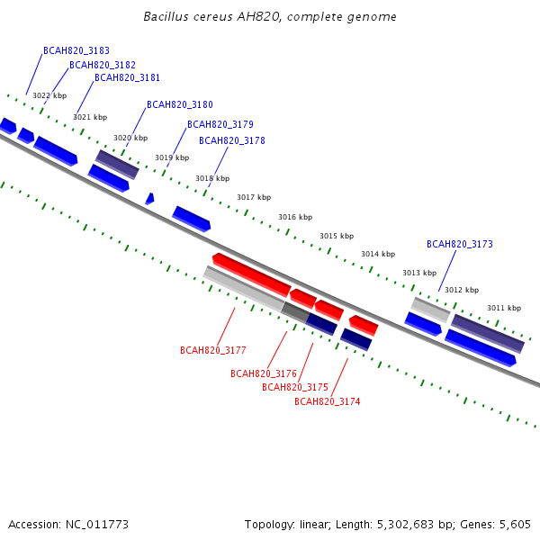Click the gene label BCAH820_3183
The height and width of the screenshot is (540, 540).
76,50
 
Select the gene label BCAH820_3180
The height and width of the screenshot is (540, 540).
180,104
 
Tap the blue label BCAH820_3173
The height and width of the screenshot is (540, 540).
460,244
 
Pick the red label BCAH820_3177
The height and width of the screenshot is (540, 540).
213,350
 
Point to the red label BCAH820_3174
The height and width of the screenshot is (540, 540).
328,401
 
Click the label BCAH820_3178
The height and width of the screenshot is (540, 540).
232,140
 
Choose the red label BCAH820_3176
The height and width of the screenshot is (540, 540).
264,373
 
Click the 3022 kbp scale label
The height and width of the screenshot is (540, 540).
49,95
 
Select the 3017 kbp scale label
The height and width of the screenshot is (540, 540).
254,197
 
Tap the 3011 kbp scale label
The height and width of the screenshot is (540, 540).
504,308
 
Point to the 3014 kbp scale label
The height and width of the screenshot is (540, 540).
378,254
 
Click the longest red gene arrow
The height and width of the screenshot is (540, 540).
252,274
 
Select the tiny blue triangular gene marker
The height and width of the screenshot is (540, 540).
149,199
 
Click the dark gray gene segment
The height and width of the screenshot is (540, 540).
295,312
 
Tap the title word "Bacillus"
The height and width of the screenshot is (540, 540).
166,16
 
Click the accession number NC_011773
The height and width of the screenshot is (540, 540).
97,525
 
